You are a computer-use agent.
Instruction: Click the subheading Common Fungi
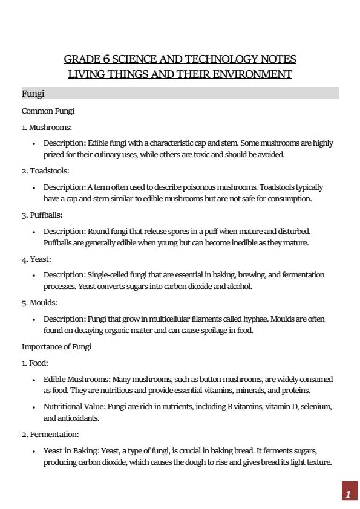[48, 111]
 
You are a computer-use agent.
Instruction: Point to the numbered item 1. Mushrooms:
[47, 128]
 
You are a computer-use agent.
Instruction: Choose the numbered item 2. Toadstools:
[45, 171]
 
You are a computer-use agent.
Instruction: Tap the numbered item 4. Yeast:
[38, 258]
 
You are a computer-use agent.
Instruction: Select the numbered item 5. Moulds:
[40, 302]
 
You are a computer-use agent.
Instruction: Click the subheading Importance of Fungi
[56, 346]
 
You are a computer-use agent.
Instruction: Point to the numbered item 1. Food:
[35, 363]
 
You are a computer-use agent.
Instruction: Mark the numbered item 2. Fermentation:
[50, 434]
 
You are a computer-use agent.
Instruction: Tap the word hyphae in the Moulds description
[257, 319]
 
